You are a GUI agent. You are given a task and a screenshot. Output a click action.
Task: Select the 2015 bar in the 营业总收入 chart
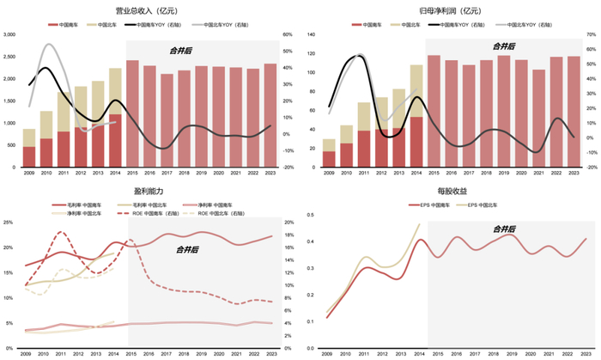133,112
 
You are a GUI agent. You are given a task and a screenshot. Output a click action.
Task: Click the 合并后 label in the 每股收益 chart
504,229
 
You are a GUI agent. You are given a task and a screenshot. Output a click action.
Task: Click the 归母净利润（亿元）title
451,10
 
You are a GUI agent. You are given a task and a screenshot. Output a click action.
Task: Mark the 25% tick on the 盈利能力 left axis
9,223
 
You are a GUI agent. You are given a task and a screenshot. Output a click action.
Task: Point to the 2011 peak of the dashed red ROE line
61,233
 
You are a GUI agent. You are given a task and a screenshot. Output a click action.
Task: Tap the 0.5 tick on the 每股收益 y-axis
309,223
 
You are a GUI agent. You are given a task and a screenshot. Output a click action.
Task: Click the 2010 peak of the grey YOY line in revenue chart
48,45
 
